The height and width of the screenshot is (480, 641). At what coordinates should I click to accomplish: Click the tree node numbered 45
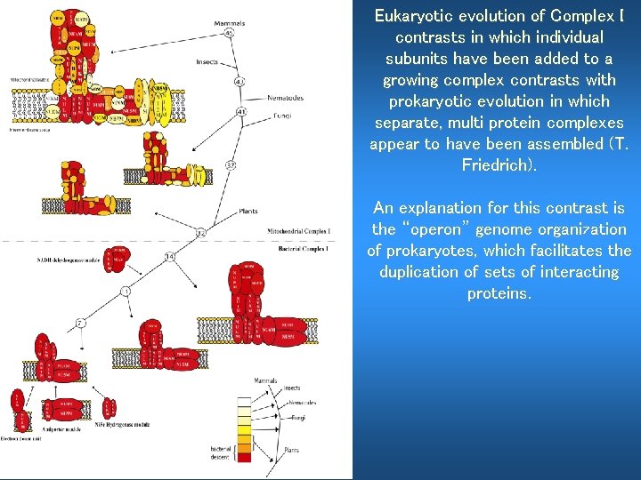[x=230, y=33]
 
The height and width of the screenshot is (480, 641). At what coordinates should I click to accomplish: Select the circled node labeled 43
[x=239, y=82]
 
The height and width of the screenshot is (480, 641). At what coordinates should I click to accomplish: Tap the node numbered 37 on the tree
[x=231, y=164]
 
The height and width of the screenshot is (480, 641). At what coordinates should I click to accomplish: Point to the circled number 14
[x=169, y=257]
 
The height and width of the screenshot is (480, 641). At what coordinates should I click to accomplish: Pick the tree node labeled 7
[x=79, y=322]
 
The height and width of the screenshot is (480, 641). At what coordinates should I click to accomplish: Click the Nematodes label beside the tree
[x=285, y=98]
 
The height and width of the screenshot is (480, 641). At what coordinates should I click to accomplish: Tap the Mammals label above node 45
[x=230, y=22]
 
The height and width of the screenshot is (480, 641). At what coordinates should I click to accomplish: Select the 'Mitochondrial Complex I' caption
[x=297, y=231]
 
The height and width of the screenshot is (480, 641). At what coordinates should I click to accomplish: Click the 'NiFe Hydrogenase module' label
[x=121, y=425]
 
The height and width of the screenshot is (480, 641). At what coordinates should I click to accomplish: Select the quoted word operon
[x=450, y=229]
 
